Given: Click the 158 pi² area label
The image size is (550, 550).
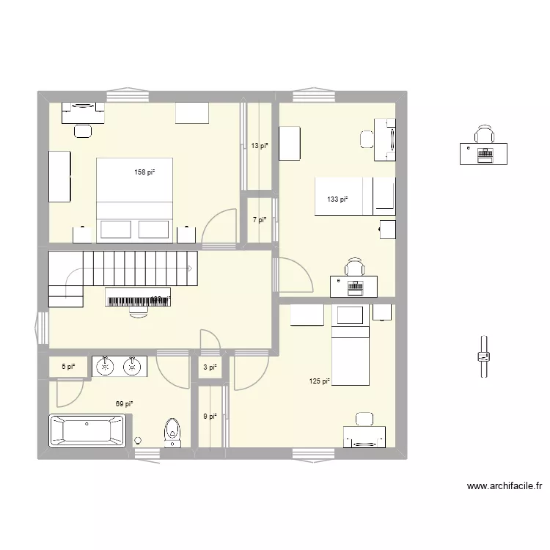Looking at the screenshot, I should tap(144, 173).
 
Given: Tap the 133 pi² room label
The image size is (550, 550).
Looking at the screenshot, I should tap(337, 199).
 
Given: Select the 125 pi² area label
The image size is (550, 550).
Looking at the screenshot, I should tap(320, 381).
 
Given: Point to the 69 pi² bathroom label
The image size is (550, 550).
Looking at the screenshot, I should tap(123, 403).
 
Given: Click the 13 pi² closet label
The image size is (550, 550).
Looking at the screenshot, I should tap(260, 146).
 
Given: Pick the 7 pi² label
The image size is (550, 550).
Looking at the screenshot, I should tap(260, 219).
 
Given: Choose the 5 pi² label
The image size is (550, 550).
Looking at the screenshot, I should tap(67, 367).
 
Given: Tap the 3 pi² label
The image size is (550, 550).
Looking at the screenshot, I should tap(210, 367).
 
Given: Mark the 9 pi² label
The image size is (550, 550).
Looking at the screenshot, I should tap(210, 417).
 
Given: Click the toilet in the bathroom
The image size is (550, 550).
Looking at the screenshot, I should tap(173, 432).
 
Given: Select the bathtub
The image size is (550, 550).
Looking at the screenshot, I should tap(87, 431).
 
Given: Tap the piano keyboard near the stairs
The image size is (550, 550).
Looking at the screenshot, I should tap(139, 297).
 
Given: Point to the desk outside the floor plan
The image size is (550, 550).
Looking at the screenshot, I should tap(483, 152).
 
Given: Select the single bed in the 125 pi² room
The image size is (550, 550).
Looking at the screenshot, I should tap(351, 355).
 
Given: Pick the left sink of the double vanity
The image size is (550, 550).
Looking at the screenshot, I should tap(106, 365).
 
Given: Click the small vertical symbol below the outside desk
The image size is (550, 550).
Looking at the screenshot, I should tap(483, 356).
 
